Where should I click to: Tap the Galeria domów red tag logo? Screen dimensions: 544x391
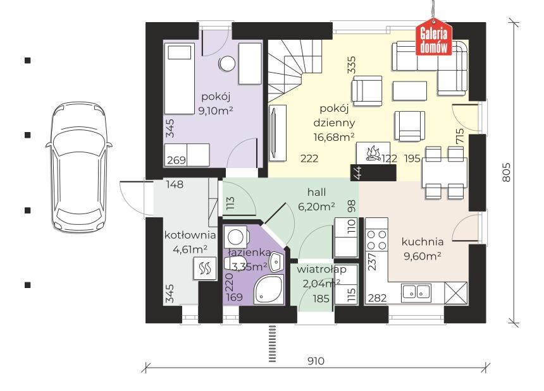pyautogui.click(x=434, y=39)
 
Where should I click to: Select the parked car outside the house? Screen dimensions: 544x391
pyautogui.click(x=79, y=166)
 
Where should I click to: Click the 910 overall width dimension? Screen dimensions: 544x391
pyautogui.click(x=316, y=361)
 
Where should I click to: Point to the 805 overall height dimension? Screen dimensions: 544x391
pyautogui.click(x=507, y=172)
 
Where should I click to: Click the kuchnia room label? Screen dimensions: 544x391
pyautogui.click(x=423, y=241)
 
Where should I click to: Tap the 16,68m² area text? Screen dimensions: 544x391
pyautogui.click(x=334, y=137)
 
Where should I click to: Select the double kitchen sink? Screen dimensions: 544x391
pyautogui.click(x=416, y=292)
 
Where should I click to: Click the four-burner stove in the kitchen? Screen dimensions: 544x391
pyautogui.click(x=377, y=240)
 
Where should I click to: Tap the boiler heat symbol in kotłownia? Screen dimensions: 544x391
pyautogui.click(x=205, y=269)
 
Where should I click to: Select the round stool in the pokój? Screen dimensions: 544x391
pyautogui.click(x=227, y=64)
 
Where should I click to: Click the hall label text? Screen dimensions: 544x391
pyautogui.click(x=316, y=192)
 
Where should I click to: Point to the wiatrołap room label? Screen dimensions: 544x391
pyautogui.click(x=321, y=269)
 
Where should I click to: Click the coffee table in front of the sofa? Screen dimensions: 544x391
pyautogui.click(x=410, y=91)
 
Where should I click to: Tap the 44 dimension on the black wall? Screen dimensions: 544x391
pyautogui.click(x=357, y=172)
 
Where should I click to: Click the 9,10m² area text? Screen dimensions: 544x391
pyautogui.click(x=216, y=111)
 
